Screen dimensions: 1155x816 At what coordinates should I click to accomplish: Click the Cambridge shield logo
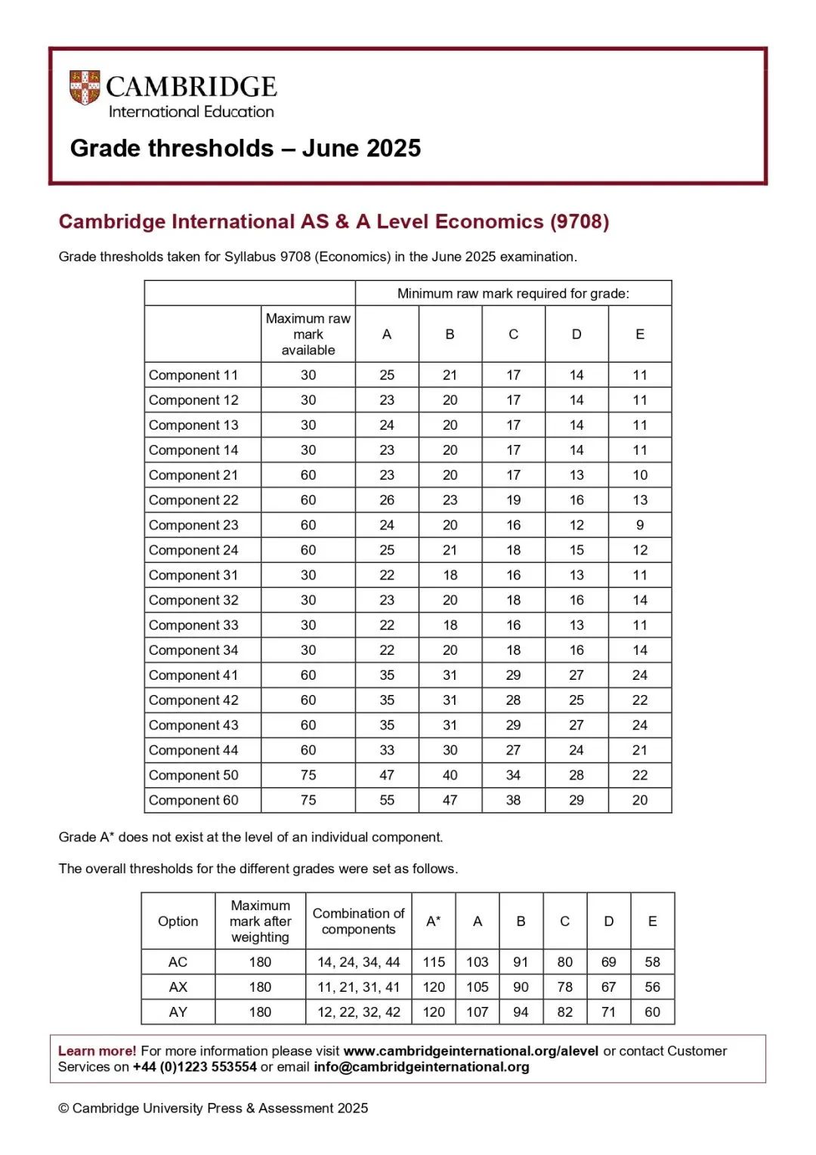pyautogui.click(x=85, y=88)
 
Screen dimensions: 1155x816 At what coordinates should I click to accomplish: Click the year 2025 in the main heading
pyautogui.click(x=391, y=148)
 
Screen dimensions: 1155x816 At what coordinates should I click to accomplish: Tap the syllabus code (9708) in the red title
pyautogui.click(x=580, y=221)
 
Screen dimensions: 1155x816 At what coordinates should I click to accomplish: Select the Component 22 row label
pyautogui.click(x=193, y=500)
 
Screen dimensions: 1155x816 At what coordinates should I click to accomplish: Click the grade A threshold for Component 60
pyautogui.click(x=387, y=800)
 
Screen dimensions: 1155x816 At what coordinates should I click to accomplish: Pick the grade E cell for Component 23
pyautogui.click(x=640, y=525)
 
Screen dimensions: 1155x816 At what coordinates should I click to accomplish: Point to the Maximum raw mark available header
pyautogui.click(x=308, y=334)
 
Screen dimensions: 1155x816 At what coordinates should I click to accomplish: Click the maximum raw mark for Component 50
pyautogui.click(x=308, y=775)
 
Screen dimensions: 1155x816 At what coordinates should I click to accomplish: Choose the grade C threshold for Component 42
pyautogui.click(x=514, y=700)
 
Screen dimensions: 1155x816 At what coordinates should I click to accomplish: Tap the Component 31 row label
pyautogui.click(x=193, y=575)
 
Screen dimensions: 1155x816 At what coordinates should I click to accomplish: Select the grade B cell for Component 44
pyautogui.click(x=450, y=750)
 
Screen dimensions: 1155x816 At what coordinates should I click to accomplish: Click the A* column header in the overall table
pyautogui.click(x=434, y=921)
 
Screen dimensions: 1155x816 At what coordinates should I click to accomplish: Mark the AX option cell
pyautogui.click(x=178, y=987)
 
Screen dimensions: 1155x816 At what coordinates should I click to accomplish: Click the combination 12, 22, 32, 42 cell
pyautogui.click(x=359, y=1011)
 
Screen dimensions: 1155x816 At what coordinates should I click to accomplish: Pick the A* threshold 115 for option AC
pyautogui.click(x=434, y=962)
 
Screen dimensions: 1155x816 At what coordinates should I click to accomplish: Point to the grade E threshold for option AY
pyautogui.click(x=653, y=1011)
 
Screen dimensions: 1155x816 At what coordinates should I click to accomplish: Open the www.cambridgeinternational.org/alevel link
pyautogui.click(x=471, y=1051)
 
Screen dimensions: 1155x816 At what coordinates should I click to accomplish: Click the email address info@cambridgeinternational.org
pyautogui.click(x=422, y=1067)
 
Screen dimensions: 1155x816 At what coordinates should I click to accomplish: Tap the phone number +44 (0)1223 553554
pyautogui.click(x=195, y=1067)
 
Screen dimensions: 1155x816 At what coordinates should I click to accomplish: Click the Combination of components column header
pyautogui.click(x=359, y=921)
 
